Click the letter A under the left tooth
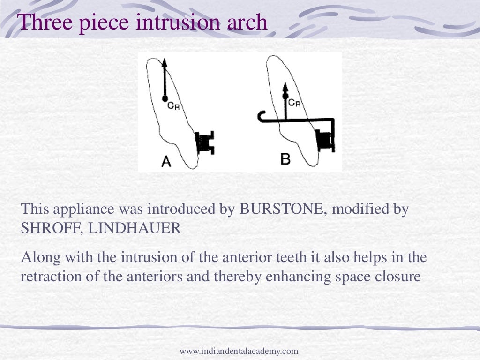click(x=166, y=161)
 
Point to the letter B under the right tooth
click(x=285, y=159)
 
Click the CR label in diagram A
click(x=173, y=105)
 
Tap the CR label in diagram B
click(x=294, y=103)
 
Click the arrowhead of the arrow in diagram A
click(x=165, y=63)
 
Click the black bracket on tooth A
click(x=205, y=142)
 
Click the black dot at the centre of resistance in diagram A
click(x=165, y=98)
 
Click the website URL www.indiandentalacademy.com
click(x=239, y=351)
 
